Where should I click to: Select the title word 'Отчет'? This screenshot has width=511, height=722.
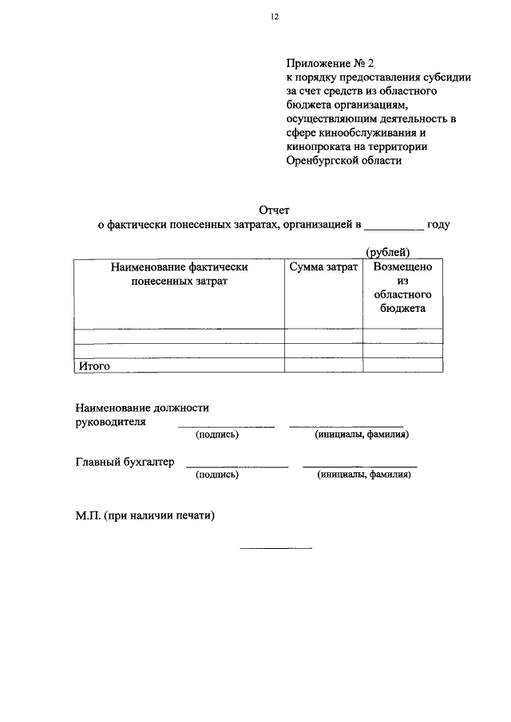274,210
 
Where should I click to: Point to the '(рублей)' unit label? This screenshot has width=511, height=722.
388,253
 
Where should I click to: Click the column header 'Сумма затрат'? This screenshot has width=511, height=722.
323,269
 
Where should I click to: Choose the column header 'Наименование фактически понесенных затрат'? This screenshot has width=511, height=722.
179,275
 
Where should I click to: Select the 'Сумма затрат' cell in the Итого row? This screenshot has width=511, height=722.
323,365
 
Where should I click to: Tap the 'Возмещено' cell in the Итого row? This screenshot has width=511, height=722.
402,365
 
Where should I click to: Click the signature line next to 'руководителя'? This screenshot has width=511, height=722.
225,426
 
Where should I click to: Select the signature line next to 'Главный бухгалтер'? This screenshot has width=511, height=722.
236,466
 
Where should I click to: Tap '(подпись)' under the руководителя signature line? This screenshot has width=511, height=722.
217,435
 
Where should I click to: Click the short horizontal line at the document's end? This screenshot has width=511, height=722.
275,548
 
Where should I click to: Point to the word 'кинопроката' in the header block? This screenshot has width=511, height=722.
315,146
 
